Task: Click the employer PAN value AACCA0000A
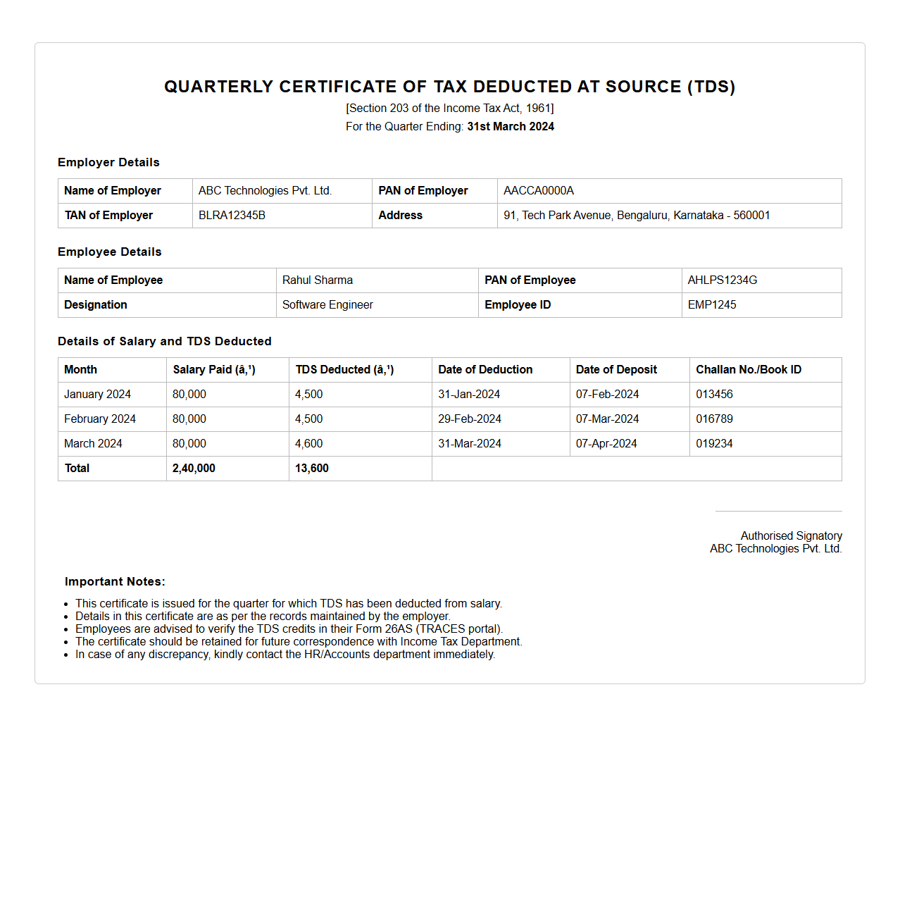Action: (539, 191)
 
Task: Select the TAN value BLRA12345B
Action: (232, 216)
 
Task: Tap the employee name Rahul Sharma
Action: (318, 280)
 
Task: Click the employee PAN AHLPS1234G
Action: (723, 280)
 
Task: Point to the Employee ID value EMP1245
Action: (712, 305)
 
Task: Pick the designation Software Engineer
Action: (327, 305)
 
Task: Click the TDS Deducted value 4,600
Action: (309, 444)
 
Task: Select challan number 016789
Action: (714, 419)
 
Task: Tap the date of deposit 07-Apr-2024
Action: (606, 444)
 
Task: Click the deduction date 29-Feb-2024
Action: (470, 419)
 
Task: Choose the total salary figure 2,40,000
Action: (194, 469)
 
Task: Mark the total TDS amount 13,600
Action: (312, 469)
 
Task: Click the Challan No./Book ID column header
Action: (749, 370)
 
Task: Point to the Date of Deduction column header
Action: (485, 370)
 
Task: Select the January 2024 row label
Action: (97, 395)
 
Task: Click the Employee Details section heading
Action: (110, 252)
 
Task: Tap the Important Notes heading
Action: (115, 582)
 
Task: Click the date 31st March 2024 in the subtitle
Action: (511, 127)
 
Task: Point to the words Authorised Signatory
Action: (791, 536)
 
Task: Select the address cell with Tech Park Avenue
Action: (637, 216)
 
